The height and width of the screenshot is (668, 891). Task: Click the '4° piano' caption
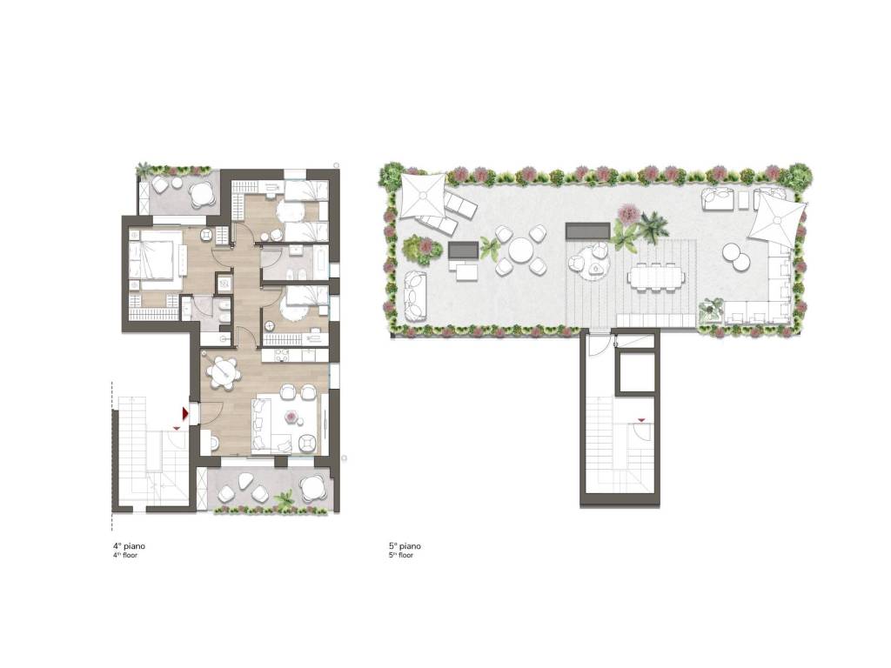click(x=129, y=546)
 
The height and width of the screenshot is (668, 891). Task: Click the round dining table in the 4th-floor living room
click(x=223, y=372)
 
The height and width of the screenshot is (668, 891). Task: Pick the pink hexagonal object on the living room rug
click(x=292, y=417)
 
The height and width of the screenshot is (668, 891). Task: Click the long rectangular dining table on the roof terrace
click(x=657, y=277)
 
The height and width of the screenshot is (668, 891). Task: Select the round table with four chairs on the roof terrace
click(x=519, y=250)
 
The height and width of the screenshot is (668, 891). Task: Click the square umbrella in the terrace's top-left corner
click(x=424, y=196)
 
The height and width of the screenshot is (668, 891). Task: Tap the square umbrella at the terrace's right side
click(x=776, y=218)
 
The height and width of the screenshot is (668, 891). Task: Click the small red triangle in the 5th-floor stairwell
click(x=641, y=420)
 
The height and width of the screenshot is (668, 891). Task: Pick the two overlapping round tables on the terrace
click(x=736, y=257)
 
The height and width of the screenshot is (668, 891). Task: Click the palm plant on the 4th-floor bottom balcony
click(x=285, y=500)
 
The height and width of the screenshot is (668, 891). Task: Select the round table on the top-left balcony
click(x=200, y=196)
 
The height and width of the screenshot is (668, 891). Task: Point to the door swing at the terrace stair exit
click(x=597, y=345)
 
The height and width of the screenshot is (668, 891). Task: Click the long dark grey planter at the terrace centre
click(x=588, y=230)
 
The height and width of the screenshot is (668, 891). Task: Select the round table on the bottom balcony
click(x=312, y=487)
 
